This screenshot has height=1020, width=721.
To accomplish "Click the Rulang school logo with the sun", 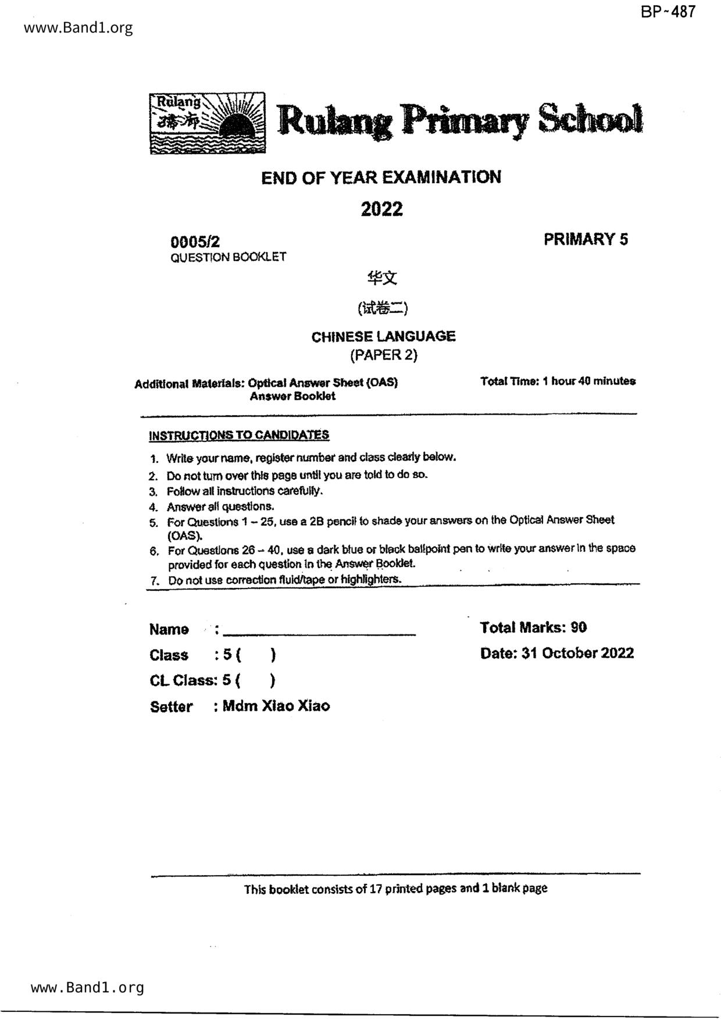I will (208, 123).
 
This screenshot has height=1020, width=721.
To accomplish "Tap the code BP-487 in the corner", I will (668, 12).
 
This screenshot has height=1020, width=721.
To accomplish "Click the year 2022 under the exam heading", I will (381, 209).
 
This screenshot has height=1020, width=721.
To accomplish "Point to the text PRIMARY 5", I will (586, 239).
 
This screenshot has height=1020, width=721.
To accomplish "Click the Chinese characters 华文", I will (382, 279).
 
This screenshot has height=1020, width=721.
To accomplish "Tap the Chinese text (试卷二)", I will (383, 308).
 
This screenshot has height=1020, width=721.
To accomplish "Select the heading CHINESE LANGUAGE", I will (383, 336).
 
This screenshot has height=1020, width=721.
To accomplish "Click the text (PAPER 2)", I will (383, 354).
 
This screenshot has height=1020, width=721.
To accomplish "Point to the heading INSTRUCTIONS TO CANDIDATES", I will (239, 435).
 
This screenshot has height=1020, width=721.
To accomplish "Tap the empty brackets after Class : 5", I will (256, 655).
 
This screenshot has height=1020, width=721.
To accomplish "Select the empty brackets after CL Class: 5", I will (256, 680).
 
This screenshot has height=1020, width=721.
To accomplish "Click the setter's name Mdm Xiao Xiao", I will (276, 706).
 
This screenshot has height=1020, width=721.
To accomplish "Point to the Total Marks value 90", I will (579, 627).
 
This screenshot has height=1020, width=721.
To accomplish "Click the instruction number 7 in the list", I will (154, 580).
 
